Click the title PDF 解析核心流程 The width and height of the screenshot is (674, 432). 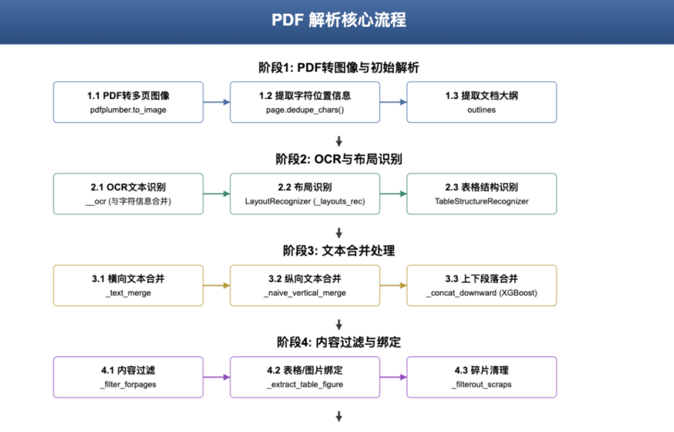[339, 20]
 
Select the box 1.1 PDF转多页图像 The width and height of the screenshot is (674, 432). [128, 102]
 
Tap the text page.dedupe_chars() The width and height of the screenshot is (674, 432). [305, 110]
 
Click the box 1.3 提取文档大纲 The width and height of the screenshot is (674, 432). [481, 102]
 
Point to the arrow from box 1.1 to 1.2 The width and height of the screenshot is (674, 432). [217, 102]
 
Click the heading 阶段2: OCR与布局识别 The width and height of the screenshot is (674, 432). [339, 159]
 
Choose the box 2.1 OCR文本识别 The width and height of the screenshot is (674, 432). [128, 193]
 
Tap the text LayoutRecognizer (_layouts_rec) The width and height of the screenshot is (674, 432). [305, 201]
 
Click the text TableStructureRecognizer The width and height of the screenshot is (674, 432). [481, 201]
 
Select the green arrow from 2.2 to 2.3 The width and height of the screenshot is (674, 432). [393, 194]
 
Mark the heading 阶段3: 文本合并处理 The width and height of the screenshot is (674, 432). [339, 251]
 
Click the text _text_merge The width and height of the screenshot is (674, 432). [128, 293]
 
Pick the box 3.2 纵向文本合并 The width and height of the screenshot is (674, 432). [305, 285]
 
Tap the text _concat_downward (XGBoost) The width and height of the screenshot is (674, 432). [481, 293]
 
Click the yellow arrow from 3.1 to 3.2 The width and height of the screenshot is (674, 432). [217, 286]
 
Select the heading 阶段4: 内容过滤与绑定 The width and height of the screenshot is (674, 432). [339, 342]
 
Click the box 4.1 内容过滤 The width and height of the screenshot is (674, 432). [128, 377]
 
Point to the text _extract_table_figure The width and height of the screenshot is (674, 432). [305, 385]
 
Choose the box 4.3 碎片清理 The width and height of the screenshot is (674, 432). [481, 377]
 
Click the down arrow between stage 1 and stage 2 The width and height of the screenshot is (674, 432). [339, 141]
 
